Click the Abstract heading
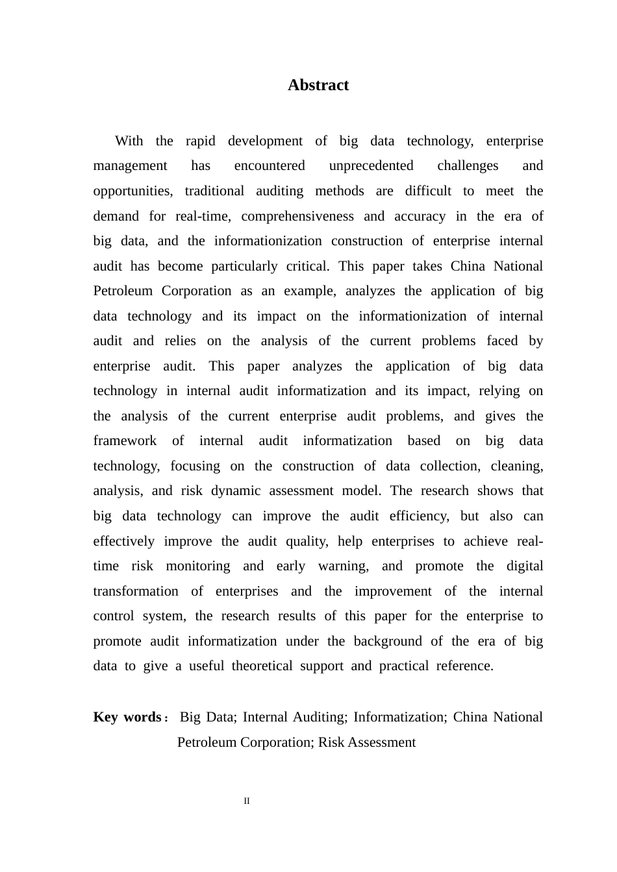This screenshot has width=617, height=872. click(318, 85)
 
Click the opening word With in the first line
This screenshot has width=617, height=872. click(129, 141)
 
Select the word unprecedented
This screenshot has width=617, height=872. click(371, 165)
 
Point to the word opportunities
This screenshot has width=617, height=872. click(132, 191)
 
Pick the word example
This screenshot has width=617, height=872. click(309, 291)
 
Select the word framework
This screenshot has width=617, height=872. click(125, 441)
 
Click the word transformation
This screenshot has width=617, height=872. click(136, 591)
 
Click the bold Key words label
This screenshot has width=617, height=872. click(127, 717)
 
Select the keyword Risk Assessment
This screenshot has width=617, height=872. click(367, 742)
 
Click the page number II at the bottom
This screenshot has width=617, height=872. click(247, 801)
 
